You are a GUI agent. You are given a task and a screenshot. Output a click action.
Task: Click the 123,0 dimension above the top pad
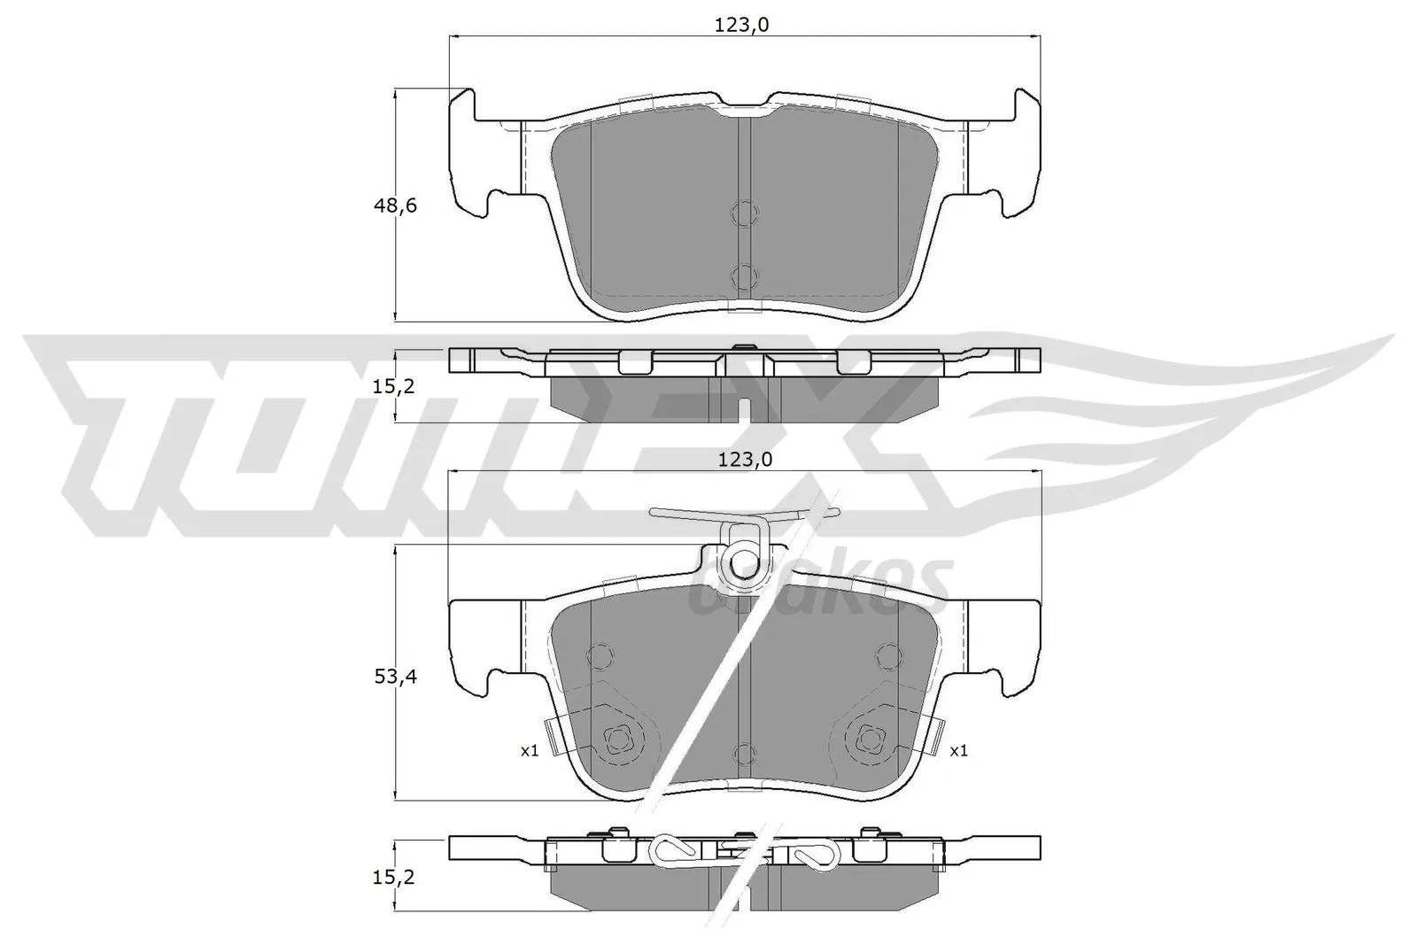(x=742, y=26)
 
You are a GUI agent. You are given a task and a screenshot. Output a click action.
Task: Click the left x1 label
(x=529, y=750)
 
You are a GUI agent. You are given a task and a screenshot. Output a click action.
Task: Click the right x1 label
(x=958, y=750)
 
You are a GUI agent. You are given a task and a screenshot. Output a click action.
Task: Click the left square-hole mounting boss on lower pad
(x=617, y=737)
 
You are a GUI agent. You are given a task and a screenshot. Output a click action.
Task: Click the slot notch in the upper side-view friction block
(x=745, y=409)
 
